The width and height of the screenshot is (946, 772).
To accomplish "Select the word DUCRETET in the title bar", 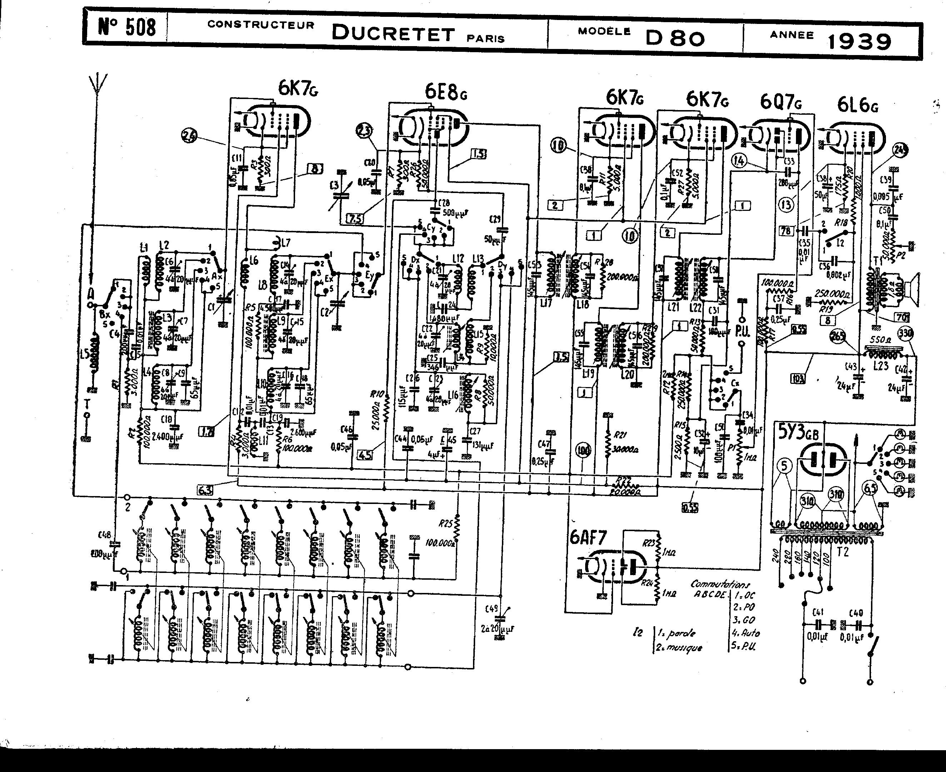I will coord(393,33).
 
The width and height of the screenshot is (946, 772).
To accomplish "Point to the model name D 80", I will coord(675,38).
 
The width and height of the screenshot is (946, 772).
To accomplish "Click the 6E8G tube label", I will coord(446,93).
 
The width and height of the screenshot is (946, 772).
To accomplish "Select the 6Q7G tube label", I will coord(781,103).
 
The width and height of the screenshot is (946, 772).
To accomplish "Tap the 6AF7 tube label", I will coord(588,539).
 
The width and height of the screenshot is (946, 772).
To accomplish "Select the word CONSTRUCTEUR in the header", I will coord(260,25).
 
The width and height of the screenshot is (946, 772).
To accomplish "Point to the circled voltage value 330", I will coord(906,333).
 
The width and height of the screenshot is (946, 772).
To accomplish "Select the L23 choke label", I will coord(880,366).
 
